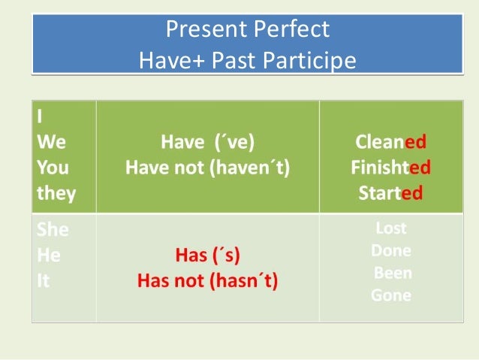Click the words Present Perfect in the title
click(247, 29)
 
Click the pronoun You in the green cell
click(52, 167)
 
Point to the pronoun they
click(56, 193)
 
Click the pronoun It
click(43, 282)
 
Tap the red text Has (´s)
click(207, 256)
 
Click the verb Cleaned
click(390, 142)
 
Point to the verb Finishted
click(390, 167)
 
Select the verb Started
click(390, 193)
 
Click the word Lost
click(390, 228)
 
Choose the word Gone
click(390, 295)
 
